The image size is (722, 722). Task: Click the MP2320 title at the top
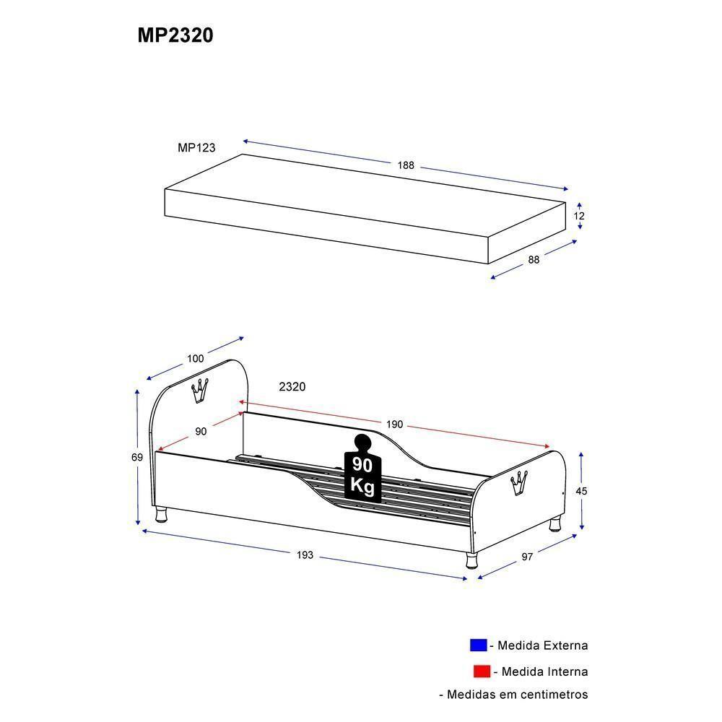[x=175, y=36]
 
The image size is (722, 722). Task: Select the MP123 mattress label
[x=196, y=147]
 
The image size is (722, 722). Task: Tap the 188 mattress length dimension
[x=406, y=165]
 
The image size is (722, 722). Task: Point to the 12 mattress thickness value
[x=580, y=216]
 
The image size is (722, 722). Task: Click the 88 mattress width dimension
[x=534, y=261]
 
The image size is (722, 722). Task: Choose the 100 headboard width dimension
[x=195, y=358]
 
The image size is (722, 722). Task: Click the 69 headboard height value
[x=137, y=457]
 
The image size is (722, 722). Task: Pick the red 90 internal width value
[x=201, y=431]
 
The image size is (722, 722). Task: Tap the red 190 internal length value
[x=393, y=425]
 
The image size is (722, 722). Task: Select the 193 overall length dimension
[x=305, y=554]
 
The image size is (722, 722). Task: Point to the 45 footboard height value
[x=581, y=491]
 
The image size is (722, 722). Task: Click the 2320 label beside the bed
[x=292, y=387]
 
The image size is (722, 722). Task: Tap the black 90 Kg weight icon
[x=362, y=469]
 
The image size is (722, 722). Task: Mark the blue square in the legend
[x=478, y=645]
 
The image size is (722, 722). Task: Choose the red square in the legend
[x=482, y=671]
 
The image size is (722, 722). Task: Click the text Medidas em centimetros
[x=513, y=695]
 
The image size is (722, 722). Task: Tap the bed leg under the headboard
[x=162, y=513]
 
